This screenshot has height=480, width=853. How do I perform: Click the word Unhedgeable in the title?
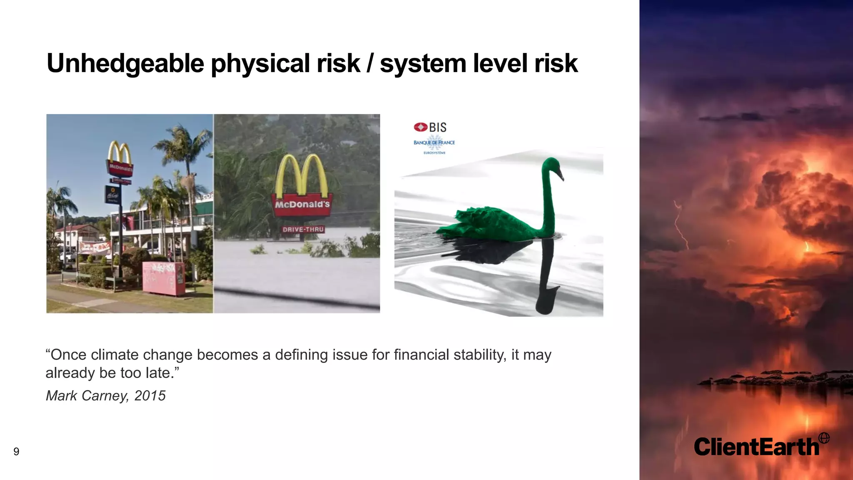[x=125, y=64]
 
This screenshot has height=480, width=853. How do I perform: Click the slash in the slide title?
[x=369, y=64]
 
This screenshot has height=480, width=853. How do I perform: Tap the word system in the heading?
[x=422, y=64]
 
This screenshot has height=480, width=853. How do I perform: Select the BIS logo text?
[x=437, y=127]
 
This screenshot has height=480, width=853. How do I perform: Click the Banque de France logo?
[x=434, y=142]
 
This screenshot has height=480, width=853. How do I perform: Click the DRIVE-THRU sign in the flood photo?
[x=303, y=230]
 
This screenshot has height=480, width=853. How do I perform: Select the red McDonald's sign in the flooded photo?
[x=302, y=205]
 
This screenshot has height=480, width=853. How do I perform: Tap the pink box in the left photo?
[x=163, y=278]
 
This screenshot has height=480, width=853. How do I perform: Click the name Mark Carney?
[x=87, y=395]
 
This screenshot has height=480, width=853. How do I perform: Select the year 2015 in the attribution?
[x=150, y=395]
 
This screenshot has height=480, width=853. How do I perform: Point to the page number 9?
[x=16, y=452]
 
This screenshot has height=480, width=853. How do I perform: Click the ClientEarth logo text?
[x=756, y=447]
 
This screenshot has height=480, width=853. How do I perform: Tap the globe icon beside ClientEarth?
[x=823, y=438]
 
